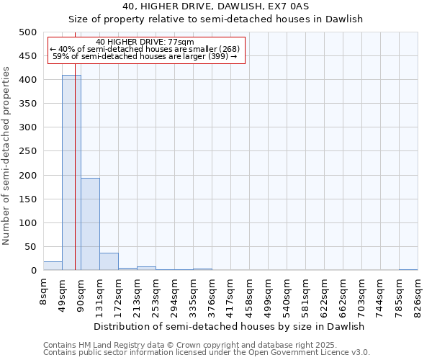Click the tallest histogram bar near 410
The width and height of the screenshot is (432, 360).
[x=71, y=173]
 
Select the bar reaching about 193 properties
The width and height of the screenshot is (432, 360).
[x=90, y=224]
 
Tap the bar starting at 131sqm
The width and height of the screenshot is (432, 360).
[x=109, y=261]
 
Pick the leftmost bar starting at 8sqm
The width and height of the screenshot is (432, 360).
[x=53, y=266]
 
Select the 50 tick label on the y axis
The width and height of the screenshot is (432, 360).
[x=31, y=247]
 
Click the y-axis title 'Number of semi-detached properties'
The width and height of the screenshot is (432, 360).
[x=7, y=156]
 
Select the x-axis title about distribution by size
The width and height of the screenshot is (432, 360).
[x=230, y=326]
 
